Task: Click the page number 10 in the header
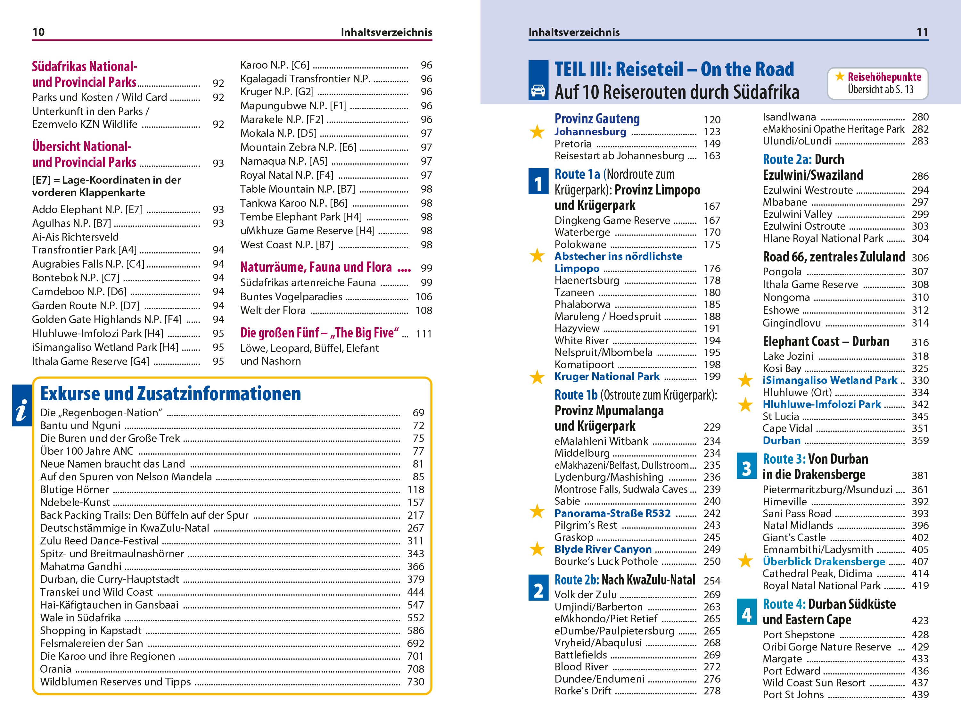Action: pyautogui.click(x=38, y=32)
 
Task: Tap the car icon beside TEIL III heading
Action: pyautogui.click(x=538, y=91)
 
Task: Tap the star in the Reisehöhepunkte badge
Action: pyautogui.click(x=839, y=77)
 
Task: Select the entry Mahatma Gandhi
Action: pyautogui.click(x=81, y=566)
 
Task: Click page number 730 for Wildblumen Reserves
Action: pyautogui.click(x=415, y=682)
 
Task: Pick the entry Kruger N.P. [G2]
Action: pyautogui.click(x=277, y=92)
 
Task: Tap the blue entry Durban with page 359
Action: pyautogui.click(x=781, y=440)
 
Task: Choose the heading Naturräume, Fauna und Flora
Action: pyautogui.click(x=316, y=267)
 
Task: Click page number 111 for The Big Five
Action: pyautogui.click(x=423, y=334)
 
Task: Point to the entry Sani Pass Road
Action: pyautogui.click(x=797, y=513)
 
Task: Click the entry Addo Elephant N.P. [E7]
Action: pyautogui.click(x=87, y=210)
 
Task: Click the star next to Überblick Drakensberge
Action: pyautogui.click(x=745, y=561)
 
